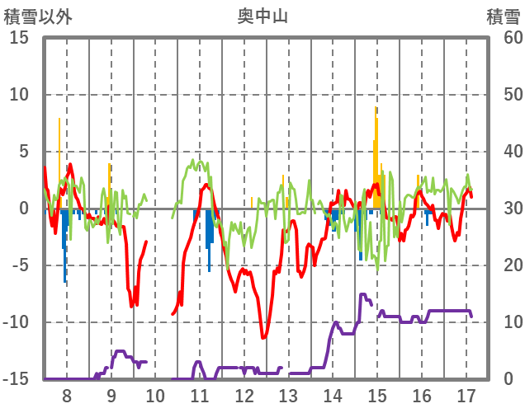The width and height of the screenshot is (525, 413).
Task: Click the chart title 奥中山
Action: [262, 16]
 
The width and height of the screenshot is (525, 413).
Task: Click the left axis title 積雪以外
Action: [38, 16]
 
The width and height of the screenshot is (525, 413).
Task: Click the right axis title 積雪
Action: [503, 16]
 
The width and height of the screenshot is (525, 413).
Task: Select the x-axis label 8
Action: [67, 395]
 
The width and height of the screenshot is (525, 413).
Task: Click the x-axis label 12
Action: [244, 395]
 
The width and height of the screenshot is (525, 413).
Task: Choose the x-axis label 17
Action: [466, 395]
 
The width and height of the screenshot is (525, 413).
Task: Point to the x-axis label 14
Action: [333, 395]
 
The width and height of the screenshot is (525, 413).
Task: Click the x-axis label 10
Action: [156, 395]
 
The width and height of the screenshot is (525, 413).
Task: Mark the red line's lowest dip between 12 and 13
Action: [263, 337]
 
